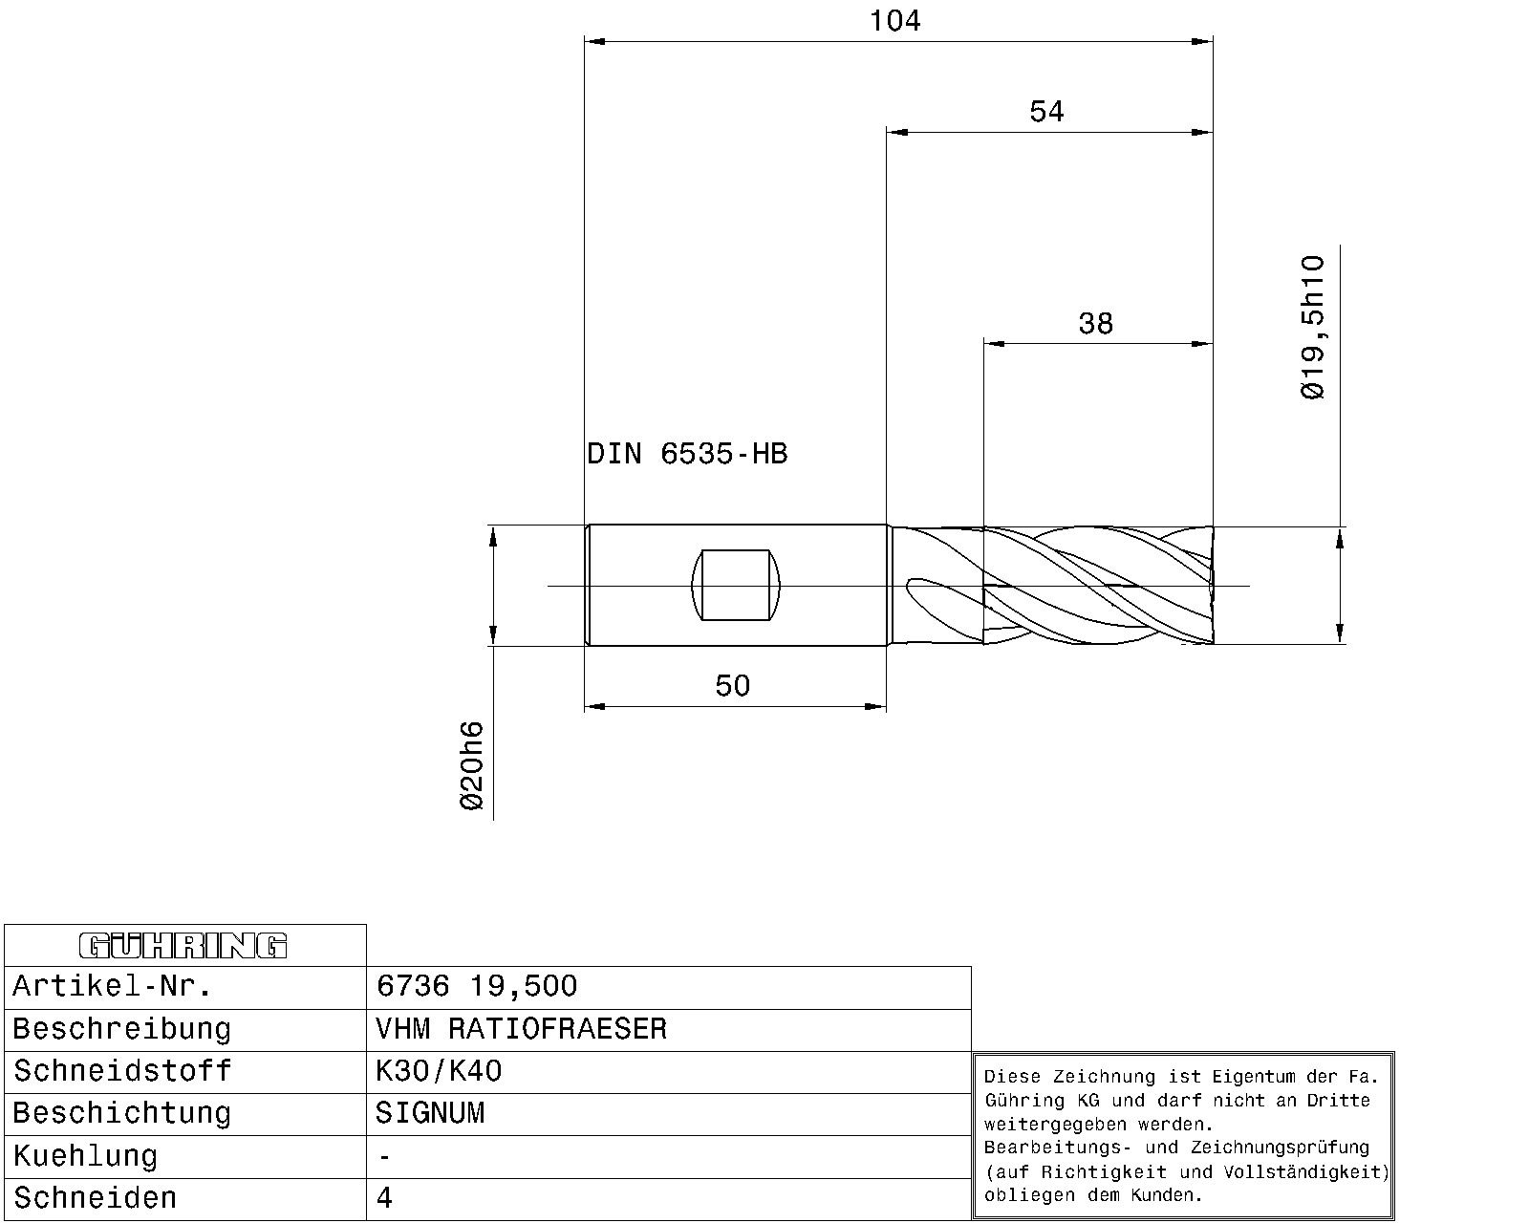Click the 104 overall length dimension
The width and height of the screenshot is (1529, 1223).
tap(895, 21)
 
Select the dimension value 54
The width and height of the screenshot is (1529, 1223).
tap(1046, 112)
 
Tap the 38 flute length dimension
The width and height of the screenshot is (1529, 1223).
tap(1095, 323)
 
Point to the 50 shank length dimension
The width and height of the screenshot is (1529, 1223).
tap(733, 686)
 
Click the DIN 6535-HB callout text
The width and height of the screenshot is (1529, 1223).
tap(687, 454)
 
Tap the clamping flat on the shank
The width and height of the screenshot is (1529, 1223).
tap(736, 585)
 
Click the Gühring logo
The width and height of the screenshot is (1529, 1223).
tap(183, 946)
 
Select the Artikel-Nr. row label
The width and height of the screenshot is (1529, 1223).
tap(112, 986)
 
